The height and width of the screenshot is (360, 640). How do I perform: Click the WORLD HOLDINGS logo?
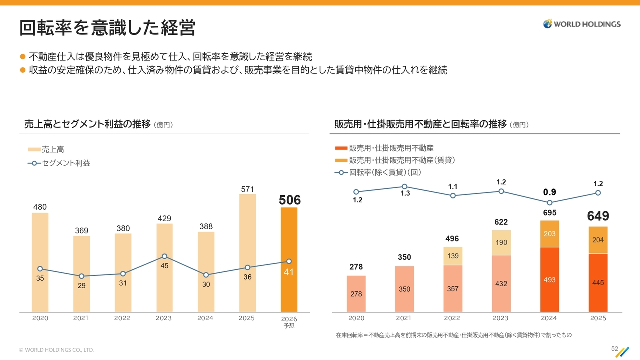582,24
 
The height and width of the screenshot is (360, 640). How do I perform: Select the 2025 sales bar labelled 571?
247,253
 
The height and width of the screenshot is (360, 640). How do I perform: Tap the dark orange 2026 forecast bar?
289,260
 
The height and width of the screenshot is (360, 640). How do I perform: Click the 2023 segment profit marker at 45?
164,256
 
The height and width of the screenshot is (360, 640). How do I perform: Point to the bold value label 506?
290,200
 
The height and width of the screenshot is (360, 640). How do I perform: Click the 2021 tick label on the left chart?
81,318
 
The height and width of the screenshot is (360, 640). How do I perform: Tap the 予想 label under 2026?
289,326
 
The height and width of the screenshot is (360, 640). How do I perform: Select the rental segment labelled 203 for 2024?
549,234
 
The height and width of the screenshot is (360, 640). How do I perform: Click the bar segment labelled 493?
549,280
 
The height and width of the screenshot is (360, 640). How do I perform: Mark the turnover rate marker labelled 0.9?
550,203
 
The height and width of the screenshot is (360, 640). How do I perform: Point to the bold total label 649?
598,216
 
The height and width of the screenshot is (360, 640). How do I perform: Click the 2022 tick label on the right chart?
452,318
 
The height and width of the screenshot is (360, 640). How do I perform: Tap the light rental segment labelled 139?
453,256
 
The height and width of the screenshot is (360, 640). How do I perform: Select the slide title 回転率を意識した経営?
107,28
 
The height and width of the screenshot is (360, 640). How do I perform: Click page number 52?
615,348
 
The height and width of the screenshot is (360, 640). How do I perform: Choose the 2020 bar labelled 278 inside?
356,294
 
